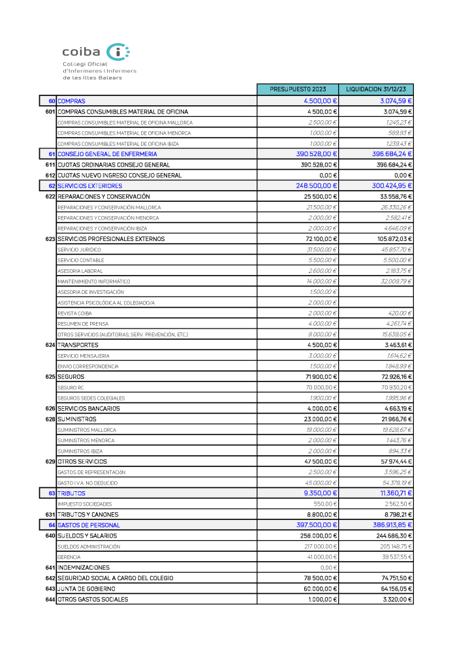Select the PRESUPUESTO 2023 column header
coord(297,89)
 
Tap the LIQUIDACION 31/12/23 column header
coord(376,89)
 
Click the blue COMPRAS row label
coord(71,101)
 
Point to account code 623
coord(50,239)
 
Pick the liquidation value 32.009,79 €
coord(391,282)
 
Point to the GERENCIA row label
coord(69,557)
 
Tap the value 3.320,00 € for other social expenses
coord(397,600)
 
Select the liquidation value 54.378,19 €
coord(391,483)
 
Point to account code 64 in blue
coord(52,525)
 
